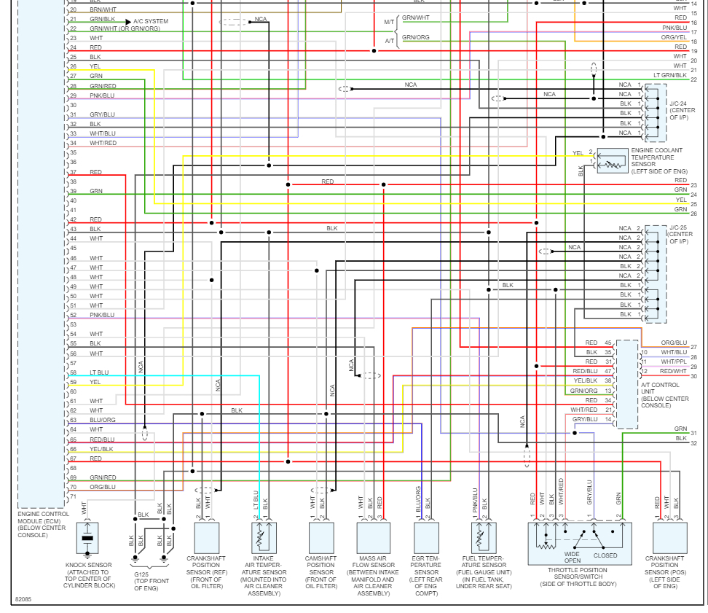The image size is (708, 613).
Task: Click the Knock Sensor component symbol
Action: [87, 538]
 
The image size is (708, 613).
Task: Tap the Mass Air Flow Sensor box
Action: [373, 538]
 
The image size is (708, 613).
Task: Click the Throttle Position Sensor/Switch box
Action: [579, 540]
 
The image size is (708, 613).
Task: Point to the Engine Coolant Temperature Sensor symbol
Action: [612, 161]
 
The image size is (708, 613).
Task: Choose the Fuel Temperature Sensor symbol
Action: [479, 538]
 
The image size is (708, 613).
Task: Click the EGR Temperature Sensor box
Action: [426, 538]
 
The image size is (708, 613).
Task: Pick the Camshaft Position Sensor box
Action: [320, 538]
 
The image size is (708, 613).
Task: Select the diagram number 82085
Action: [24, 600]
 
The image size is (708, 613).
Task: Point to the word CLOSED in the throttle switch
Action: [605, 555]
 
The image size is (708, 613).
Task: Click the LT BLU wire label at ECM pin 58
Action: [99, 372]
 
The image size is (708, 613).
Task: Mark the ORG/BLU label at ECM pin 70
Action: [103, 487]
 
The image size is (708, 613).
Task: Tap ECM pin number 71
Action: [73, 496]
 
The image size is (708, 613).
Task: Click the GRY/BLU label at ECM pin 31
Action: [103, 114]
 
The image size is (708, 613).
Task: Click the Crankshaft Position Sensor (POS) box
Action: [669, 538]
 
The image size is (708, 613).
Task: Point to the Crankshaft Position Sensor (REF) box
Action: [207, 538]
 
